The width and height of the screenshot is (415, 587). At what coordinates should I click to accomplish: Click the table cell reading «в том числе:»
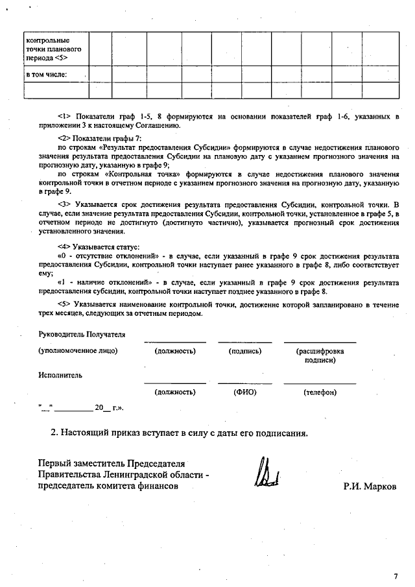pyautogui.click(x=47, y=74)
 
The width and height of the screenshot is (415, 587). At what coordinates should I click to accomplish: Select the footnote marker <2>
pyautogui.click(x=64, y=139)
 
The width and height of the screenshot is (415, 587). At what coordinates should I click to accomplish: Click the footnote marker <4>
pyautogui.click(x=64, y=247)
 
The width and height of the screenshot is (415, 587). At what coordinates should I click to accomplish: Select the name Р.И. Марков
pyautogui.click(x=369, y=487)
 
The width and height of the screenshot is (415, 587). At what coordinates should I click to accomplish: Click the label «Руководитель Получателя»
pyautogui.click(x=82, y=335)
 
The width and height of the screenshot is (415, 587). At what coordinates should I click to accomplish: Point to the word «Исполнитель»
pyautogui.click(x=60, y=375)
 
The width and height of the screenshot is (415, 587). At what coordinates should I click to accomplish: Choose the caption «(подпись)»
pyautogui.click(x=245, y=351)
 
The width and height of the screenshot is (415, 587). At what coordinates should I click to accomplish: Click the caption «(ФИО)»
pyautogui.click(x=245, y=392)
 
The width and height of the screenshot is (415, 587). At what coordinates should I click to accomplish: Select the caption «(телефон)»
pyautogui.click(x=320, y=392)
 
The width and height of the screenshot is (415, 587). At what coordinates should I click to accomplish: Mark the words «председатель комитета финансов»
pyautogui.click(x=107, y=487)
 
